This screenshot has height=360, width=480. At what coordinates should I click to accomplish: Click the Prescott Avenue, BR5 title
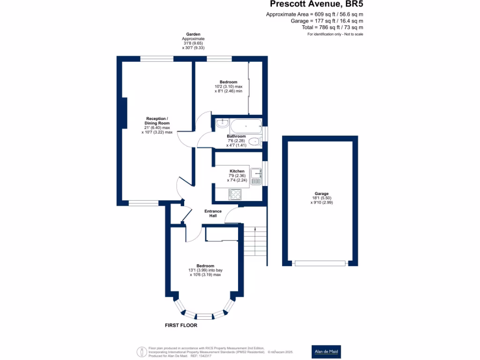[x=316, y=4]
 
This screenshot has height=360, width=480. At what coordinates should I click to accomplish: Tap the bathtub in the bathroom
[x=246, y=126]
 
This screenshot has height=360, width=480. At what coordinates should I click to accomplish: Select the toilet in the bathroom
[x=255, y=142]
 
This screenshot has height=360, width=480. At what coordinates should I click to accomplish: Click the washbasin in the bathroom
[x=222, y=123]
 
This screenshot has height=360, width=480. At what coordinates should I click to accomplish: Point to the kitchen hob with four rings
[x=235, y=195]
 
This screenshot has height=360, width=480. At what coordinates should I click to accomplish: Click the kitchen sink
[x=256, y=177]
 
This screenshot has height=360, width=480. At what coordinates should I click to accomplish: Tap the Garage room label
[x=322, y=194]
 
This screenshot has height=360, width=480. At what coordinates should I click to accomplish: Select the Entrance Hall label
[x=213, y=213]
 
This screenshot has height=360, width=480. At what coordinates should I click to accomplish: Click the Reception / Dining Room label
[x=157, y=120]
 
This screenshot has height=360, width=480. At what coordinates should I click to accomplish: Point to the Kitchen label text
[x=237, y=171]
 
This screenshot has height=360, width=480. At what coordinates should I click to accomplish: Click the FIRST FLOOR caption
[x=181, y=325]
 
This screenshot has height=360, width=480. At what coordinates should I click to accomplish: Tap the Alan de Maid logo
[x=326, y=352]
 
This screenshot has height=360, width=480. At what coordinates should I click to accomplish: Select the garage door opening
[x=320, y=263]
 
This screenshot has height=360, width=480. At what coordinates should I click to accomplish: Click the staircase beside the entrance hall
[x=255, y=241]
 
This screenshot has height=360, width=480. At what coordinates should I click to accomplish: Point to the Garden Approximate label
[x=193, y=37]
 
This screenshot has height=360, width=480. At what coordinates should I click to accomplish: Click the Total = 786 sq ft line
[x=332, y=27]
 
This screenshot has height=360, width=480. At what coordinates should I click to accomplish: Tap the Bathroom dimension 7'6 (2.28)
[x=236, y=141]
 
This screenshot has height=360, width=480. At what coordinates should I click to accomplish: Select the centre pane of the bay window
[x=204, y=316]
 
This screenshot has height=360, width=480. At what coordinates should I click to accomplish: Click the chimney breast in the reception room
[x=125, y=113]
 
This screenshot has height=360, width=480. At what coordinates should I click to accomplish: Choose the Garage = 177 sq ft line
[x=327, y=21]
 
